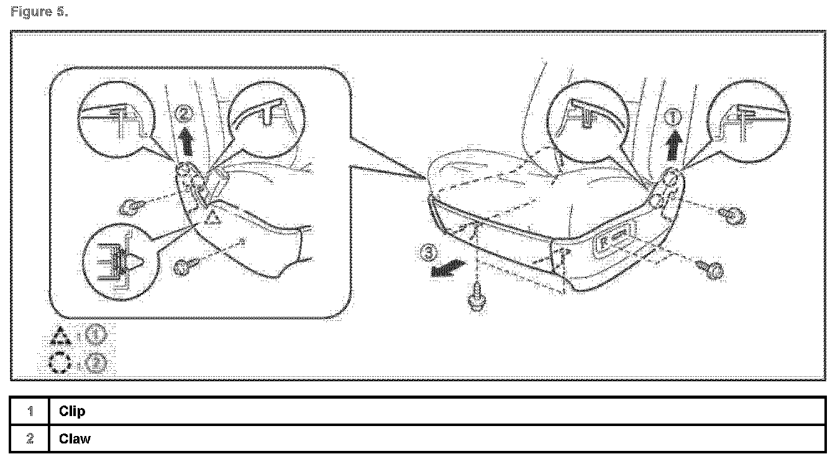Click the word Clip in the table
(x=72, y=412)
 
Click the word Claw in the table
(x=75, y=439)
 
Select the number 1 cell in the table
(x=29, y=412)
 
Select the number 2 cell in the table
(x=29, y=439)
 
